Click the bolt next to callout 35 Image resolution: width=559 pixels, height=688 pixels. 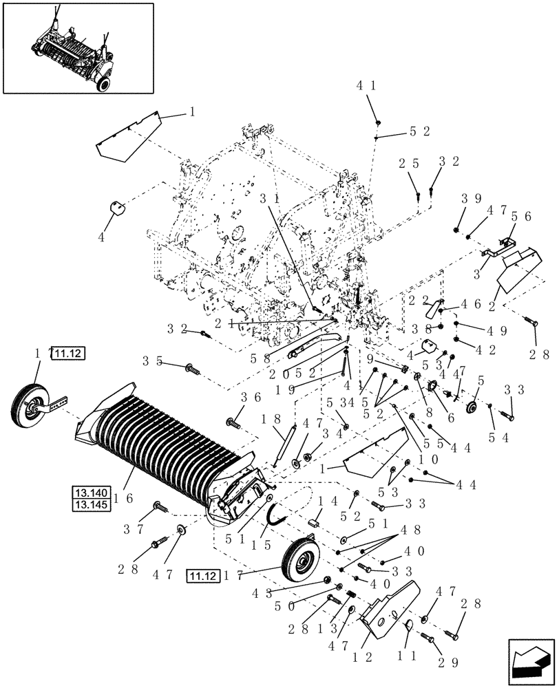tap(191, 369)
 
